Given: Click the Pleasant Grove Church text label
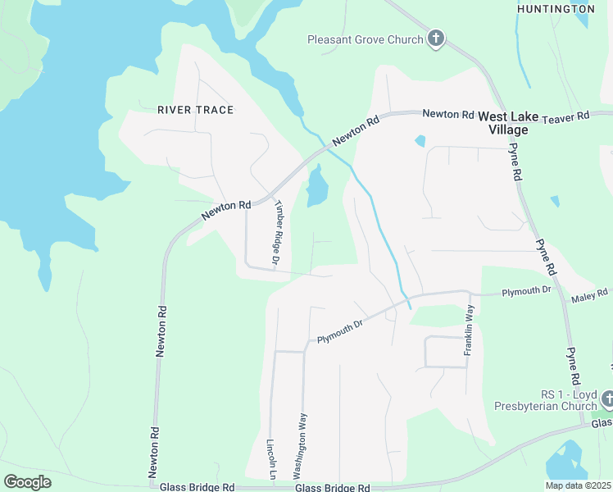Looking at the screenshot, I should [x=365, y=39].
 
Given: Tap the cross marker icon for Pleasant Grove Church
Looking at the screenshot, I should [x=436, y=39].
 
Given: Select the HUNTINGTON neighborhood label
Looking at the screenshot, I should [x=556, y=9].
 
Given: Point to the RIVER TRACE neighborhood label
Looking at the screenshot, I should [x=195, y=110].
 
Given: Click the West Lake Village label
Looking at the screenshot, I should [x=508, y=123].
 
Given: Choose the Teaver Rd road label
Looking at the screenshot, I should [x=565, y=117].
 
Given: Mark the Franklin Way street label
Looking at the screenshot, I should [x=469, y=330].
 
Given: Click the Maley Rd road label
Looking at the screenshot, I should [x=591, y=294].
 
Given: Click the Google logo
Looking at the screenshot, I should [x=27, y=482].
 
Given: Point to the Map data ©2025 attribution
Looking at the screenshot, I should [x=579, y=485].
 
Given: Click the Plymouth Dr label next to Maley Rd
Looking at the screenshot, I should [x=524, y=292].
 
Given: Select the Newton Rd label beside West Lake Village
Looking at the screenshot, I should [x=448, y=115].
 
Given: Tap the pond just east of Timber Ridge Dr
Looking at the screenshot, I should [x=316, y=188].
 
